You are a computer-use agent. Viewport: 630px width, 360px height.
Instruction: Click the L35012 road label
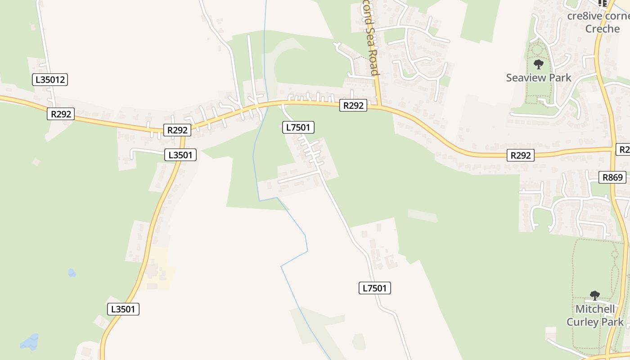coord(50,80)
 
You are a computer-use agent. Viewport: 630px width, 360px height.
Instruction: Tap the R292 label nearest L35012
coord(61,114)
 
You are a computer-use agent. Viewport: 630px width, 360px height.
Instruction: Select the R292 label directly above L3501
coord(177,130)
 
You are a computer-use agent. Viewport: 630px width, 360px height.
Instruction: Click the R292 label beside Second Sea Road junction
coord(353,105)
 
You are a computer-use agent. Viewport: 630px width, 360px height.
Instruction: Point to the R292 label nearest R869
coord(521,155)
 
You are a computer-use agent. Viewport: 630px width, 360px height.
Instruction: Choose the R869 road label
coord(612,177)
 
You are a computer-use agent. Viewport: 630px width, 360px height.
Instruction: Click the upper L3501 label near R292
coord(180,155)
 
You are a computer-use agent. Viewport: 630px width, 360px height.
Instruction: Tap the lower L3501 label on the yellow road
coord(123,309)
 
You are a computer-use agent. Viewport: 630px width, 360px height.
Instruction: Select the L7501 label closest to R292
coord(298,127)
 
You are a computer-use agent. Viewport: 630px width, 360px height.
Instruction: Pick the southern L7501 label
coord(374,288)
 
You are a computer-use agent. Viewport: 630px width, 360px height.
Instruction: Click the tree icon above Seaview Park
coord(538,64)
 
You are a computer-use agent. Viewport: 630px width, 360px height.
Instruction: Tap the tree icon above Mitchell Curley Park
coord(594,296)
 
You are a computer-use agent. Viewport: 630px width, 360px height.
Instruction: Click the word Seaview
coord(523,77)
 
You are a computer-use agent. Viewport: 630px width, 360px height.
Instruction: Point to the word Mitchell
coord(595,309)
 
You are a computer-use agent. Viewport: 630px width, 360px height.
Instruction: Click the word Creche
coord(602,29)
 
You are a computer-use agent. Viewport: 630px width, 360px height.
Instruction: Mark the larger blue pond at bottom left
coord(30,342)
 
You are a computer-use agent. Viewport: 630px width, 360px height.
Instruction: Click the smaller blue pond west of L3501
coord(72,273)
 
